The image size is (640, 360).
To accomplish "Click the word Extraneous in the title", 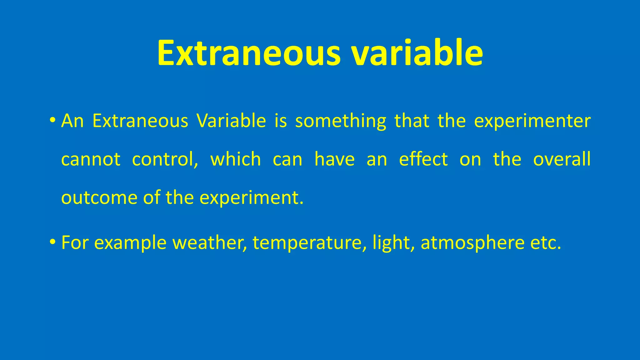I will (248, 53).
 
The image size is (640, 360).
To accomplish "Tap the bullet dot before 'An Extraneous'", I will (52, 120).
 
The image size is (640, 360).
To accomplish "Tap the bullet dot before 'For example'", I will (52, 242).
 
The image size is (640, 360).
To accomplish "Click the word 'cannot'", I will (91, 160).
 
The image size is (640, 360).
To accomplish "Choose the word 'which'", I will (236, 159).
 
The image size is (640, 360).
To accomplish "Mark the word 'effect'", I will (423, 159).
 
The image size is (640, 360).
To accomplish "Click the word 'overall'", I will (562, 159).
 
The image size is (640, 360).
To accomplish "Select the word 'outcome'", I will (99, 198).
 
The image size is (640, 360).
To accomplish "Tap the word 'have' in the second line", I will (334, 159).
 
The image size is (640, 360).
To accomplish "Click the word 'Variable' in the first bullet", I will (231, 121).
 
